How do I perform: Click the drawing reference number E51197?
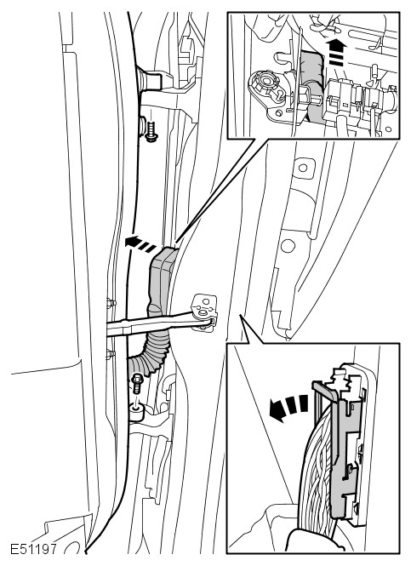pos(33,549)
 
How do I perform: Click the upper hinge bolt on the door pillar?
pos(151,131)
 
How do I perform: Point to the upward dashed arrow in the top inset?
pos(336,52)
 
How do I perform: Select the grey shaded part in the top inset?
pos(311,83)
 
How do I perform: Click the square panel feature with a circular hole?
pos(303,169)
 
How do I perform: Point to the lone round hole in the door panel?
pos(288,246)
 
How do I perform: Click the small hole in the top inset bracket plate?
pos(279,113)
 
